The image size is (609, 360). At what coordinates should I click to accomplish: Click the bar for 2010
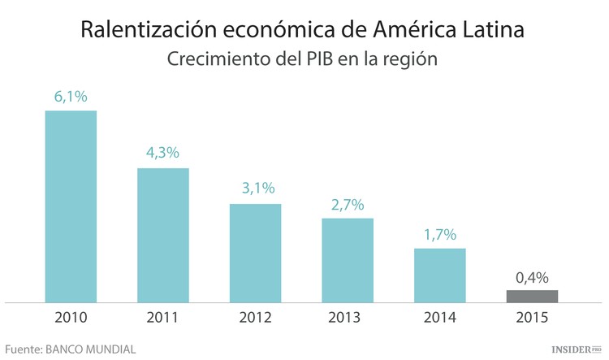[x=71, y=206]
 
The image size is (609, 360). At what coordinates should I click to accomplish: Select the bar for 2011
[x=163, y=235]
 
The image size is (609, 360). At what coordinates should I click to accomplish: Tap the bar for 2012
[x=255, y=253]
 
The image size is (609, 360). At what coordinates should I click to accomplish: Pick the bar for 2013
[x=348, y=260]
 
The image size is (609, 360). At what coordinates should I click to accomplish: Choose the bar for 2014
[x=440, y=275]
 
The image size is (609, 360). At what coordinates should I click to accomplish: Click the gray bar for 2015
[x=532, y=296]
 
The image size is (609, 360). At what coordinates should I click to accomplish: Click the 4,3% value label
[x=163, y=153]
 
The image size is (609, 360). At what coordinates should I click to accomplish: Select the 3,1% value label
[x=255, y=189]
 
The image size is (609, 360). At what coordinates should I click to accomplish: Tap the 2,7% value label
[x=348, y=203]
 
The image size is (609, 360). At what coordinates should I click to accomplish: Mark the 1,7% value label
[x=440, y=234]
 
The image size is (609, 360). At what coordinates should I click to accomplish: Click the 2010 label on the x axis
[x=71, y=317]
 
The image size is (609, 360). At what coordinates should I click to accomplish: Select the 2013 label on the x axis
[x=348, y=317]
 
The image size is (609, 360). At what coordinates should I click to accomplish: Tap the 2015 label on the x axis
[x=532, y=317]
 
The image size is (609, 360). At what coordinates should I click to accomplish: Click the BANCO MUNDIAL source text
[x=92, y=348]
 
